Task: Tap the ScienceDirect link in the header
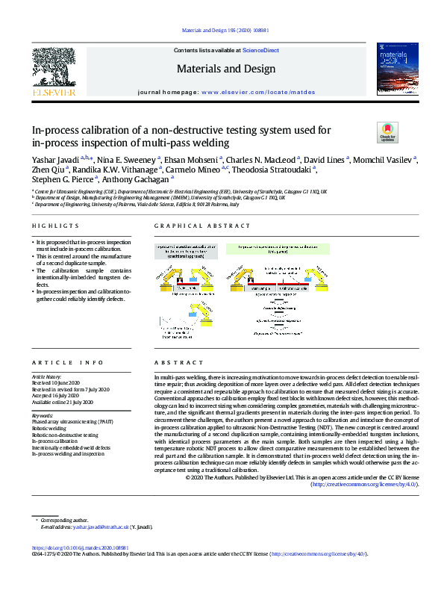point(261,50)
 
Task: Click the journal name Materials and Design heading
point(223,69)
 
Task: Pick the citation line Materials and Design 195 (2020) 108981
point(222,31)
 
